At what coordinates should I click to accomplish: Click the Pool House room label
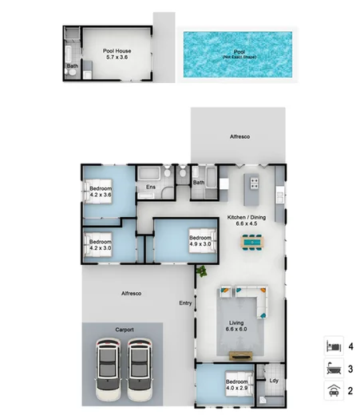tap(117, 54)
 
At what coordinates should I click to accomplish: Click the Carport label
tap(124, 329)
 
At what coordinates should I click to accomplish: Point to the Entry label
tap(186, 302)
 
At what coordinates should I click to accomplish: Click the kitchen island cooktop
tap(254, 182)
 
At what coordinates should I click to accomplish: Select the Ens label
tap(149, 188)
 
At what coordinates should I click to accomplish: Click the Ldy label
tap(275, 381)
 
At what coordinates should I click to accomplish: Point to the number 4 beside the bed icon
tap(350, 347)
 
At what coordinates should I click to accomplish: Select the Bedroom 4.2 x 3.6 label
tap(100, 192)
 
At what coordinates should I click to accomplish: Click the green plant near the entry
tap(202, 272)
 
